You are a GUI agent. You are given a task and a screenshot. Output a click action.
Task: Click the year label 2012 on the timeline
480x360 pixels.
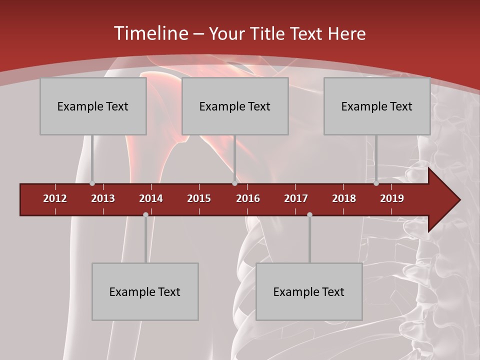(x=55, y=198)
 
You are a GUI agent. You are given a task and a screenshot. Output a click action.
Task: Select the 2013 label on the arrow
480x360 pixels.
(x=103, y=198)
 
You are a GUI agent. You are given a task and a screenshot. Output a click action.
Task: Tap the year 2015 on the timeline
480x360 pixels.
(x=199, y=198)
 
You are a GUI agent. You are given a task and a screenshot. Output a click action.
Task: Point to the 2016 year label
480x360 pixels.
(x=248, y=198)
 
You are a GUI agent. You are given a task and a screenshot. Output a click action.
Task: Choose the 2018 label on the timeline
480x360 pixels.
(x=344, y=198)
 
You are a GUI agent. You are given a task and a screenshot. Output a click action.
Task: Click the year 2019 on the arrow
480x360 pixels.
(x=392, y=198)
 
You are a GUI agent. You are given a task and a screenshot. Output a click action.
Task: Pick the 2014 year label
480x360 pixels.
(x=151, y=198)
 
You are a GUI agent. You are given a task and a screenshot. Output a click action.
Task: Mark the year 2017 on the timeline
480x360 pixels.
(x=296, y=198)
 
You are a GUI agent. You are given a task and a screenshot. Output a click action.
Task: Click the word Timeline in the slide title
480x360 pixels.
(x=150, y=33)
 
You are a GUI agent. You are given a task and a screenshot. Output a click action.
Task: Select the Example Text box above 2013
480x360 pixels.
(x=93, y=106)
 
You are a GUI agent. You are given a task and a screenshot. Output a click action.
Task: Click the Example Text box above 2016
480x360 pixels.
(x=235, y=106)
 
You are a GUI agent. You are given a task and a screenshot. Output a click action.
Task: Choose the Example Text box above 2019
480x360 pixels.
(x=377, y=106)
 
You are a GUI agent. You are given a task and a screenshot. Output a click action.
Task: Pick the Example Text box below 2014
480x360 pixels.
(x=145, y=291)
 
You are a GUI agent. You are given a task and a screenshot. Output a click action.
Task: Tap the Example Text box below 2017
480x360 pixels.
(x=309, y=291)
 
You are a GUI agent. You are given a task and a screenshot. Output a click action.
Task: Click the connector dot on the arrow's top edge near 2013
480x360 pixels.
(x=92, y=183)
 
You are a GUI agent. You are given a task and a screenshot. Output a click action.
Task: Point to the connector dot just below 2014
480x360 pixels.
(x=145, y=215)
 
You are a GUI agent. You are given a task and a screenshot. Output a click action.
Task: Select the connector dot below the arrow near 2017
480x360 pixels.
(x=309, y=215)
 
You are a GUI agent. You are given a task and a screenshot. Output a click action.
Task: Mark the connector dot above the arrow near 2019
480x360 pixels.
(x=376, y=183)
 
